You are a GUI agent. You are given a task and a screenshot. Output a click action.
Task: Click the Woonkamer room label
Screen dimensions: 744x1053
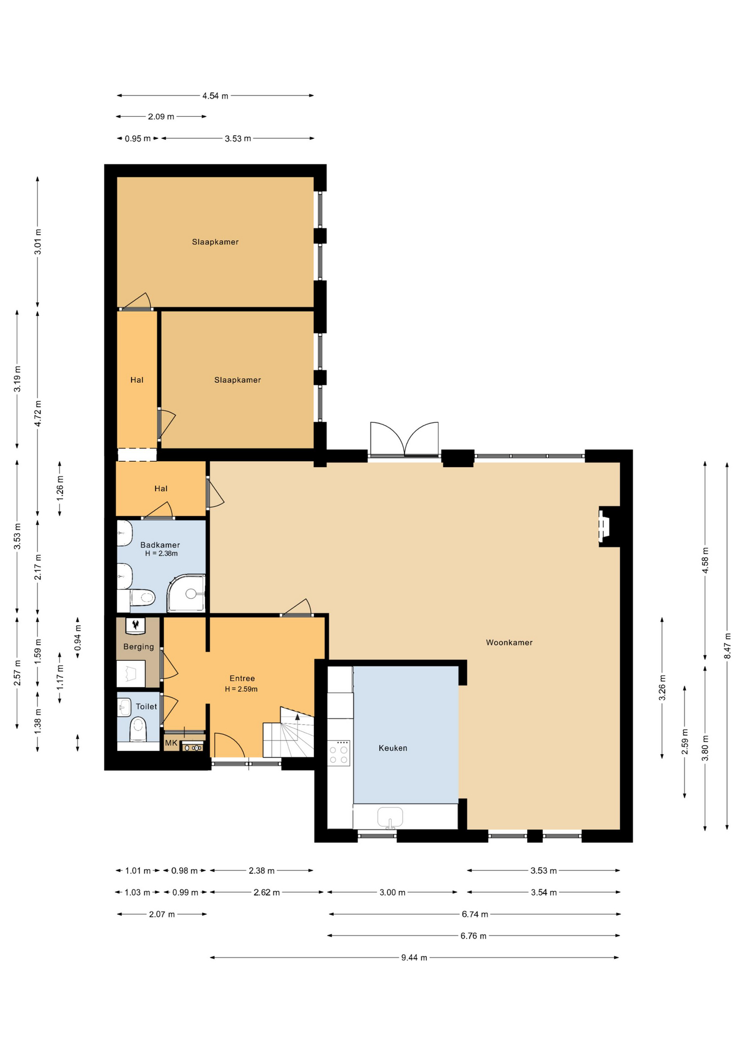click(509, 642)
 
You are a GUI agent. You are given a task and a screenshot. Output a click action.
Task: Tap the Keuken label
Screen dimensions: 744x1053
click(393, 748)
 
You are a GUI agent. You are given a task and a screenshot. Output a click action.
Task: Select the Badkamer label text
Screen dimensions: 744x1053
click(160, 545)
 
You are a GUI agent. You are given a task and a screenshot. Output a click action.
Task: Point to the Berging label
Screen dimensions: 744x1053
click(139, 647)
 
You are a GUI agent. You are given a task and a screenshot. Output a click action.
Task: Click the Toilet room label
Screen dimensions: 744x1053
click(146, 706)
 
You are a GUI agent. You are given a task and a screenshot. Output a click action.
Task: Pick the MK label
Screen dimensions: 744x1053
click(171, 743)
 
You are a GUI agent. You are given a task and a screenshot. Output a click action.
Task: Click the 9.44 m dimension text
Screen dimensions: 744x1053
click(414, 958)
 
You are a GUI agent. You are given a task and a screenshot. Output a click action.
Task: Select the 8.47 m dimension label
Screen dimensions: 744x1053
click(728, 646)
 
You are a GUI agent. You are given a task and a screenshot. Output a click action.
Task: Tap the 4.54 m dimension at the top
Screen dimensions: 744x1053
click(215, 96)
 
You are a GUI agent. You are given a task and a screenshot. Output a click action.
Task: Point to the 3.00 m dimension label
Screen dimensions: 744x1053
click(392, 892)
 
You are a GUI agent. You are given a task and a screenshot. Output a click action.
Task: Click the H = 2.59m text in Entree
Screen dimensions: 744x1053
click(241, 689)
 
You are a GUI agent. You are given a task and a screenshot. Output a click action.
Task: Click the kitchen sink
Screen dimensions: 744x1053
click(390, 817)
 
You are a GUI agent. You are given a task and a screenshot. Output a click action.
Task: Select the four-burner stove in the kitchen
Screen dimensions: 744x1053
click(339, 753)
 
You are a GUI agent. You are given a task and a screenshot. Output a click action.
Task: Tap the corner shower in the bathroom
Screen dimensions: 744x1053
click(187, 593)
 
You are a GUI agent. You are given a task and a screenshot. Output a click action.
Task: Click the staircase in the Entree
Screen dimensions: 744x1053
click(289, 732)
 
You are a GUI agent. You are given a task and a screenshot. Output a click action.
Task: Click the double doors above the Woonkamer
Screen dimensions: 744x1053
click(404, 439)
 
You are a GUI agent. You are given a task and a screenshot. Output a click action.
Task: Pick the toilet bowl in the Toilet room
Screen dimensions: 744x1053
click(138, 730)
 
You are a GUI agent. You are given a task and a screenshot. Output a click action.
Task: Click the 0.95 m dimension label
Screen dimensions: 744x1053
click(138, 139)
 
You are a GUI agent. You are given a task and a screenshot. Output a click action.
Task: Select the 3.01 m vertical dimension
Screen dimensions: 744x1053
click(38, 242)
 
